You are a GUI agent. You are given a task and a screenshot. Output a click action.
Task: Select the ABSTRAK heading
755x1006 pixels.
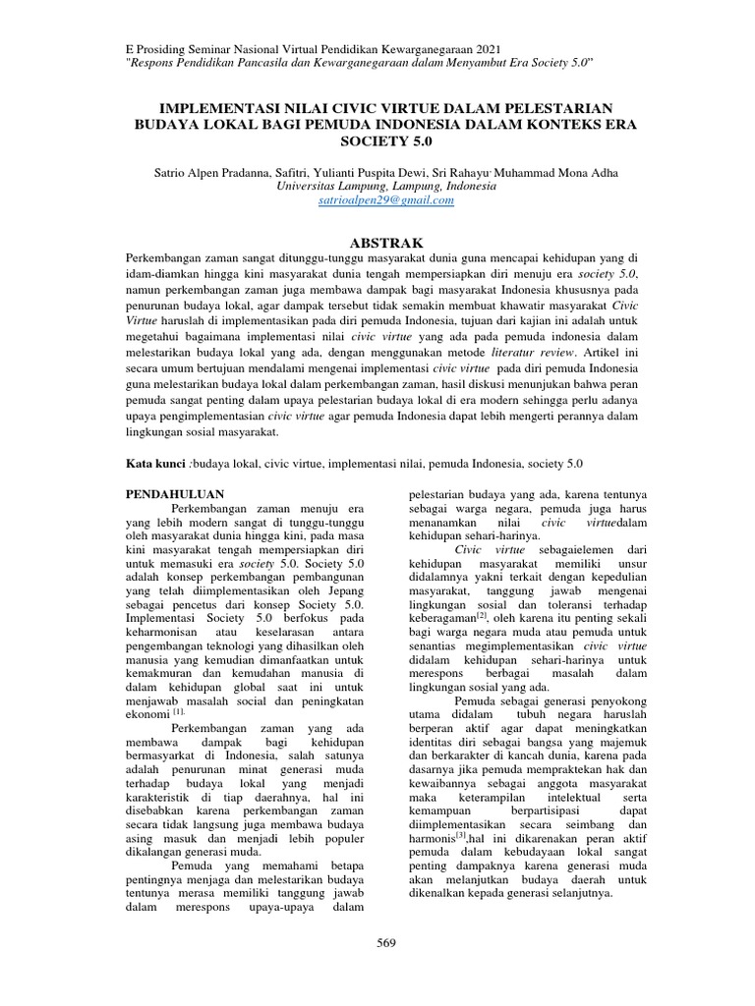[378, 242]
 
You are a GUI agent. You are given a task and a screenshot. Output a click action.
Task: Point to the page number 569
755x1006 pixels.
[386, 943]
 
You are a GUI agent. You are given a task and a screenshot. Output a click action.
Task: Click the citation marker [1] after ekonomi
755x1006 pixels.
[179, 710]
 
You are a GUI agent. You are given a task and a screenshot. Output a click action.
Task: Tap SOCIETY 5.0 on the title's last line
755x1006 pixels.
[378, 141]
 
